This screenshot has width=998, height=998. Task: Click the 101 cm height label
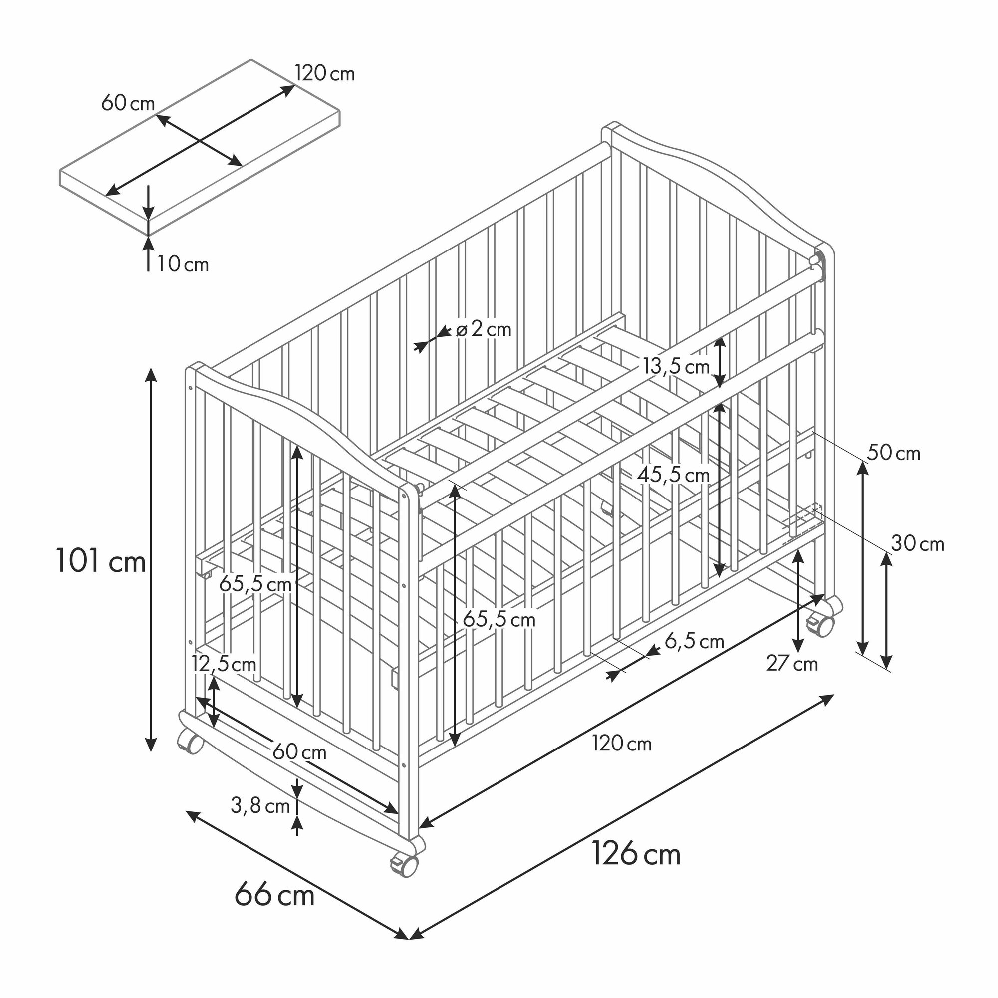101,560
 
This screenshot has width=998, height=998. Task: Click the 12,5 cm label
224,664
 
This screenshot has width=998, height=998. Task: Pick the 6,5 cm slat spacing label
694,641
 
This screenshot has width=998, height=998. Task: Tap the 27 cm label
792,664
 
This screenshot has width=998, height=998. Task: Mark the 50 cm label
894,453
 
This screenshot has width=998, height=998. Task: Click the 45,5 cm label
673,475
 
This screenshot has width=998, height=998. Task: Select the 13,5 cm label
676,367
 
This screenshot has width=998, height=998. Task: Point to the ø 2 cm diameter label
484,329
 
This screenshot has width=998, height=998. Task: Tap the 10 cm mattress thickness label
183,264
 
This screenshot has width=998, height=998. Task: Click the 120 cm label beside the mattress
325,74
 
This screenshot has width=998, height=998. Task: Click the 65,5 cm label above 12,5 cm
255,584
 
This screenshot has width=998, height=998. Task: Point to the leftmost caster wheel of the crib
190,743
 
